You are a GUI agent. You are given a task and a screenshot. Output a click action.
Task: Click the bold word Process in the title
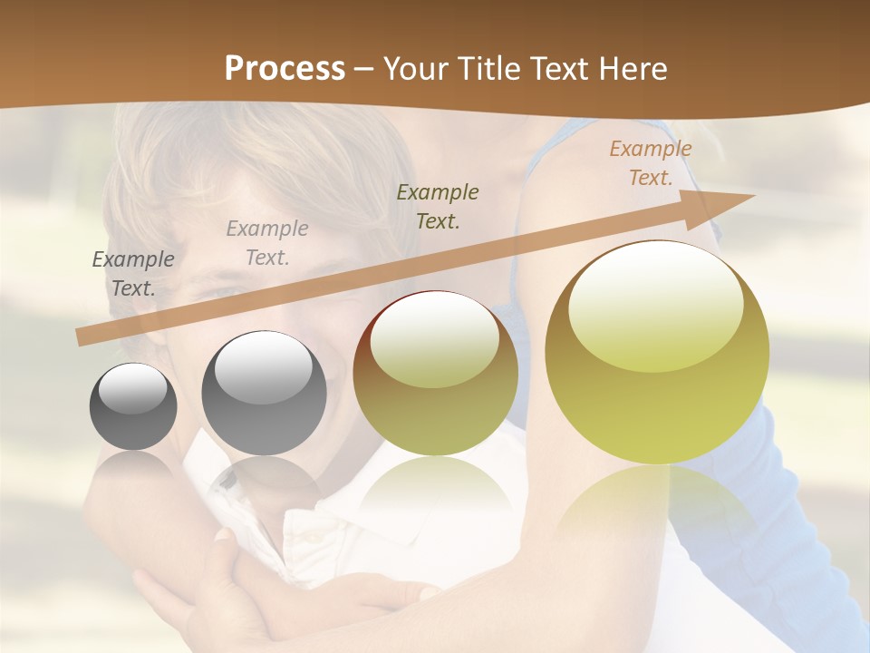(285, 69)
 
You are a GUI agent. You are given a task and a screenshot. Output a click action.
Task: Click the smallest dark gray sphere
(133, 407)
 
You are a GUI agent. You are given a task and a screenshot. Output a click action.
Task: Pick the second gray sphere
(264, 394)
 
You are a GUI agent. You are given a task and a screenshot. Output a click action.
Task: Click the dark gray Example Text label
(133, 273)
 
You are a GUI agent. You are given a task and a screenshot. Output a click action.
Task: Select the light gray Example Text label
(267, 242)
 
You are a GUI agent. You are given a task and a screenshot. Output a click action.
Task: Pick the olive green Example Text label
(438, 206)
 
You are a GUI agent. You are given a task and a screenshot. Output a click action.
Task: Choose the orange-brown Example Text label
(651, 163)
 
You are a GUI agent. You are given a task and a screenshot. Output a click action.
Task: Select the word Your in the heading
(418, 69)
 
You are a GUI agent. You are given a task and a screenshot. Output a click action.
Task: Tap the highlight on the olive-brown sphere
(434, 338)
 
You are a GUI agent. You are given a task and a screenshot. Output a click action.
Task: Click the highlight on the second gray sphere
(262, 366)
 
